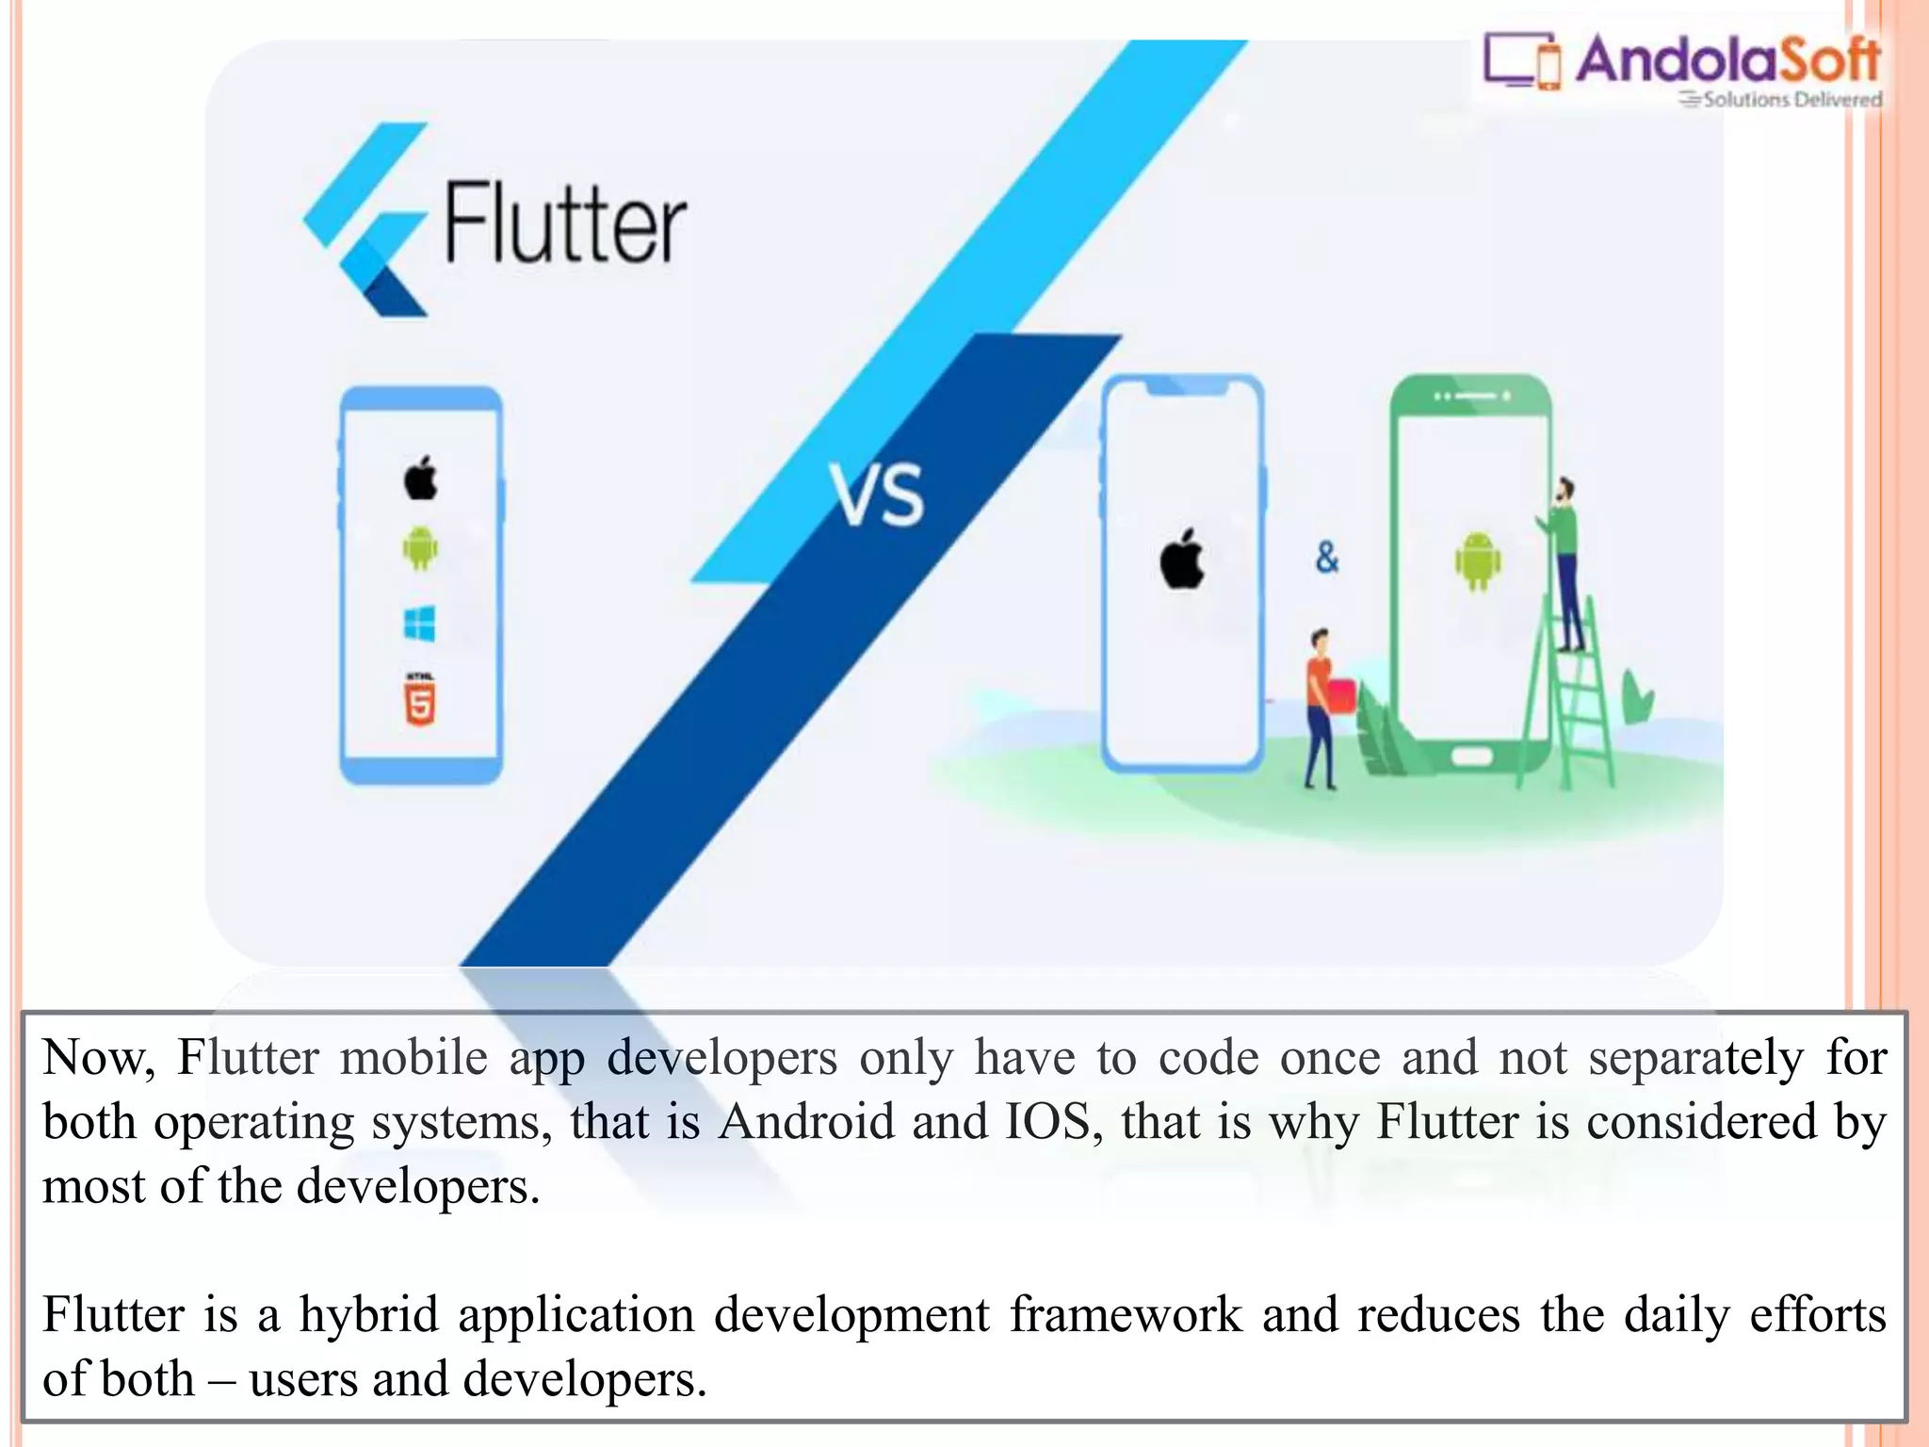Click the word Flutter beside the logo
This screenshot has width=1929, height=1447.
tap(565, 223)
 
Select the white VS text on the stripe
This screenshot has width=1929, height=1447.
tap(877, 495)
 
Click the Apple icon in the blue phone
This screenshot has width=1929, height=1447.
tap(421, 478)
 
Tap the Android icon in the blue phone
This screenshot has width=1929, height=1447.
tap(420, 548)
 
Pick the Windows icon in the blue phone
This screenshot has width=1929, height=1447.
tap(420, 624)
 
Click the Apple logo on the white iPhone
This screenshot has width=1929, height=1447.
tap(1182, 559)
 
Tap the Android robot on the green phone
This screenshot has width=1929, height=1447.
tap(1477, 561)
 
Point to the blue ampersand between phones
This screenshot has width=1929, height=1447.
tap(1327, 558)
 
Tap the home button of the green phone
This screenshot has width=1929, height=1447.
tap(1471, 756)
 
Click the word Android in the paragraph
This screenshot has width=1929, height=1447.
tap(806, 1122)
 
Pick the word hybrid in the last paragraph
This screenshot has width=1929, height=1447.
tap(369, 1315)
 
